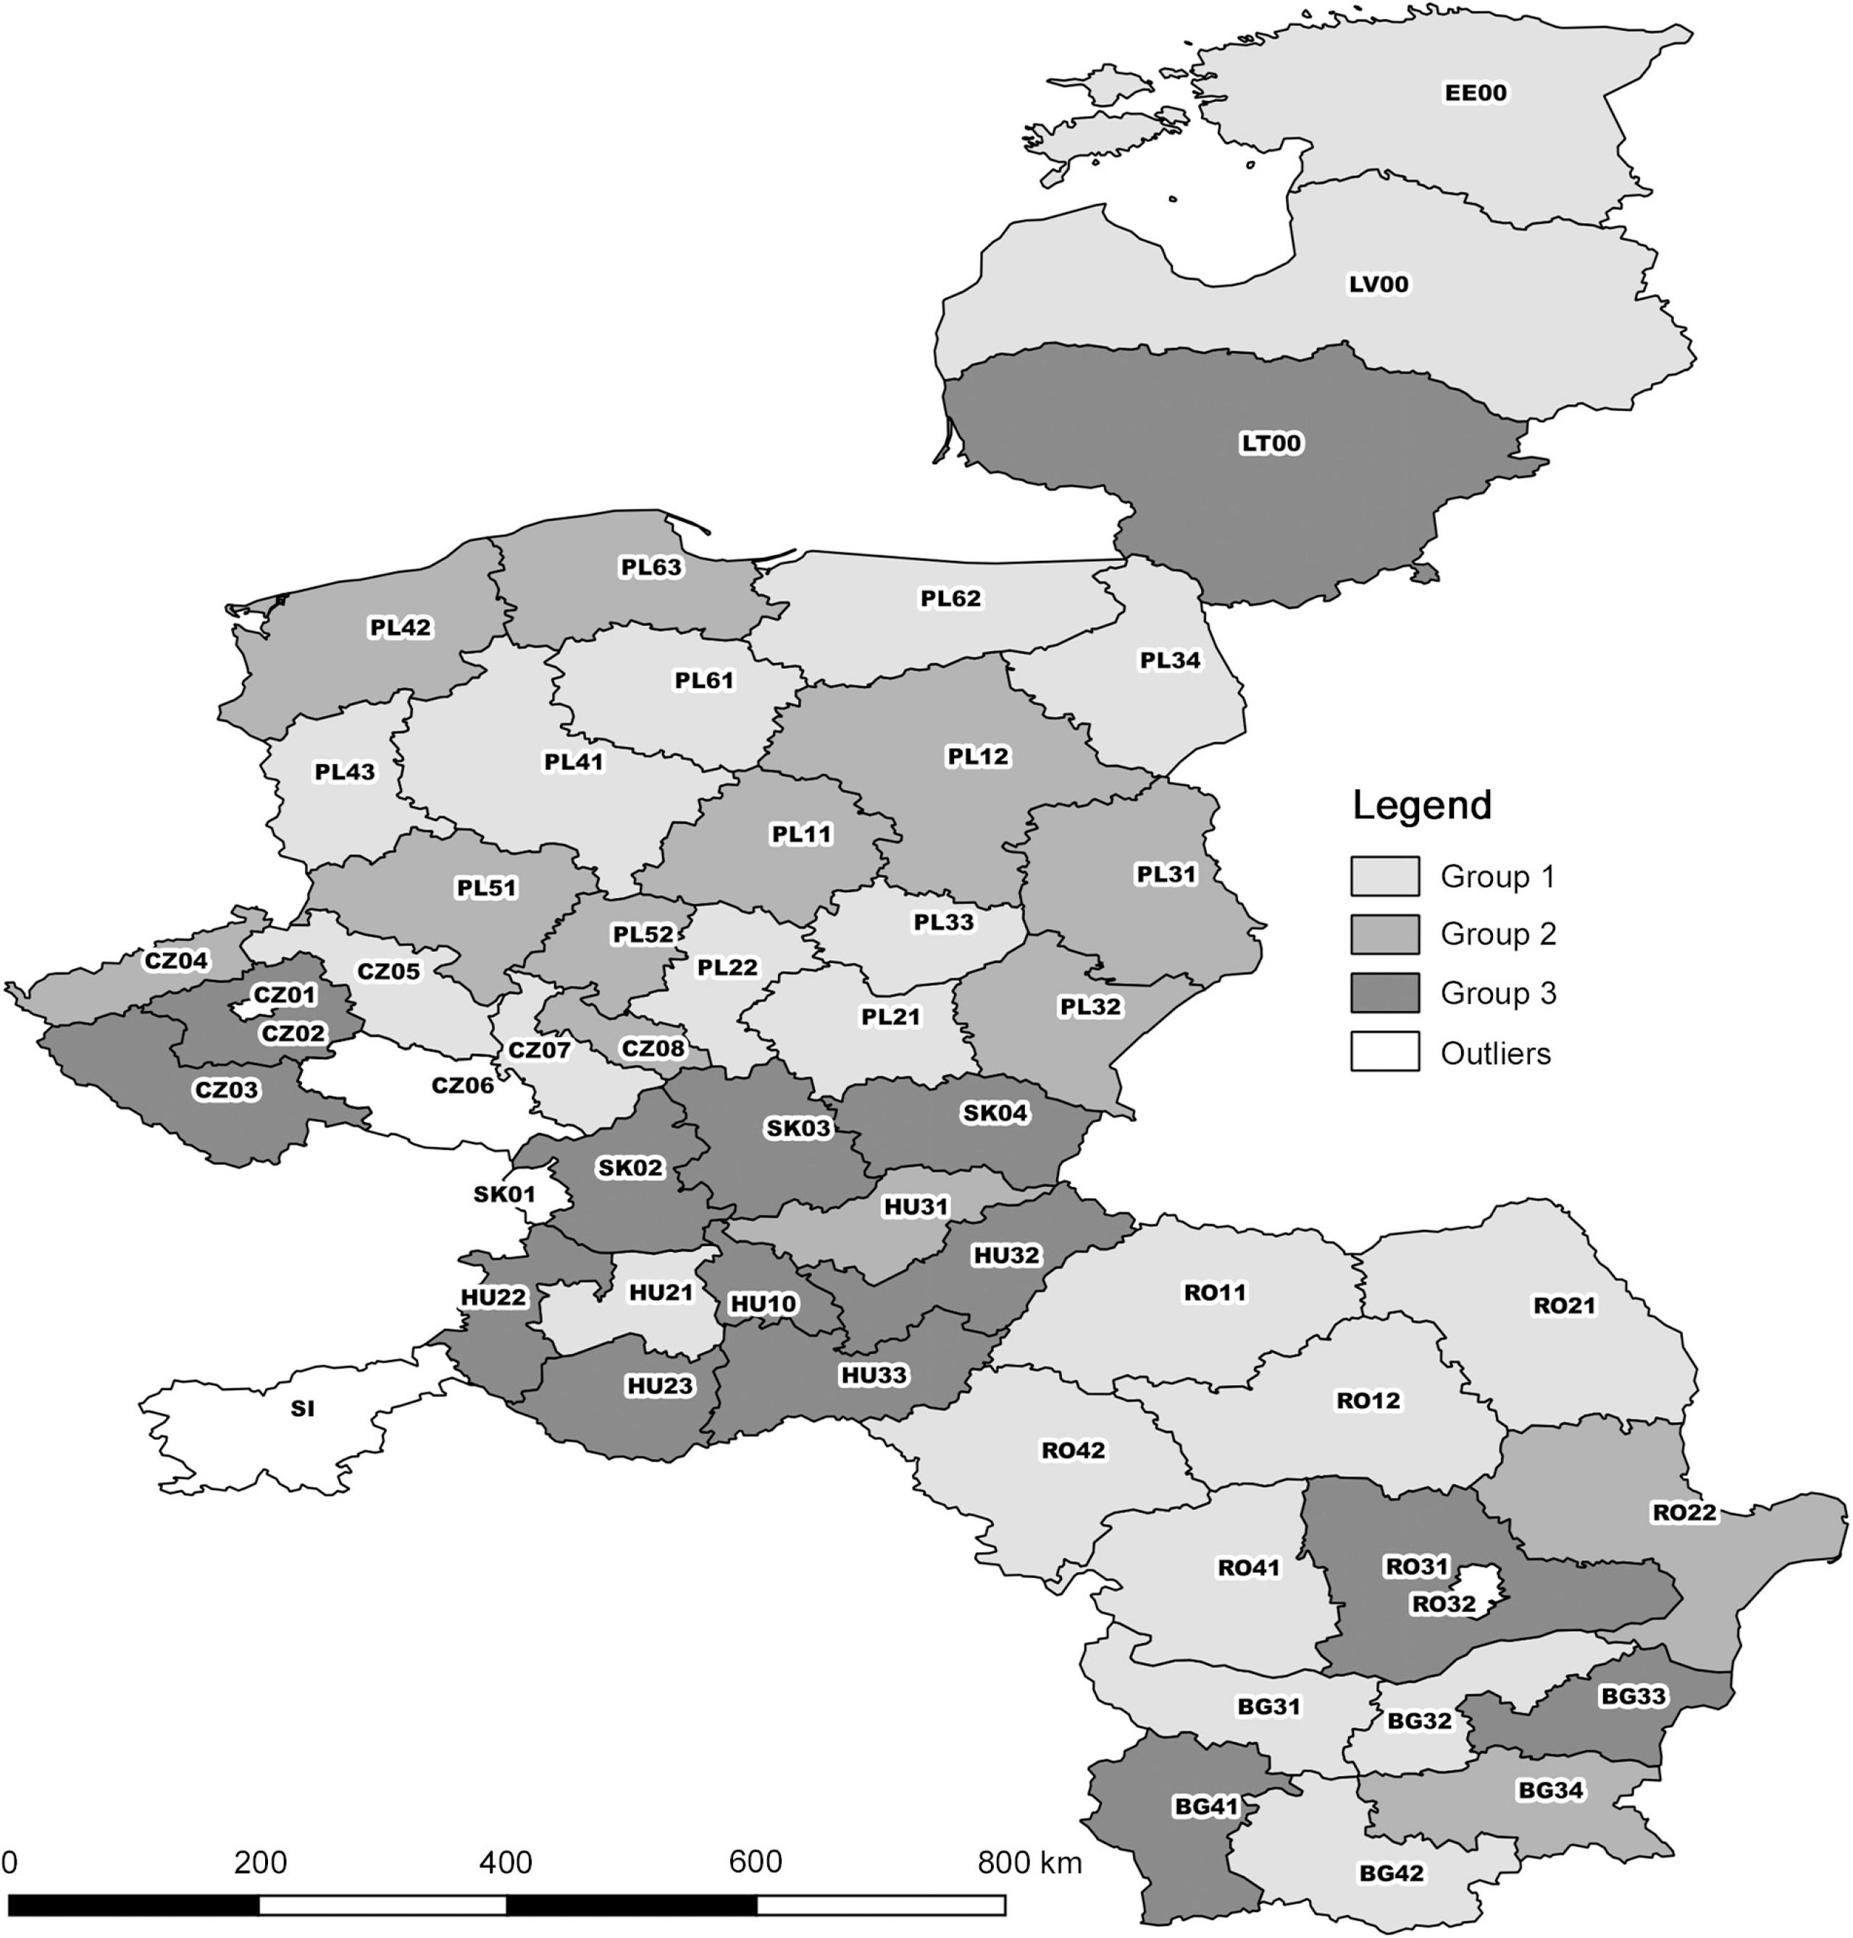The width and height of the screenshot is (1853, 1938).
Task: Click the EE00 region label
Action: coord(1476,93)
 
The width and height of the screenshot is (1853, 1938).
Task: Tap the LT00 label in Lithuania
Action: coord(1271,443)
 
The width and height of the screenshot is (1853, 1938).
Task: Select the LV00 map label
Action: coord(1379,285)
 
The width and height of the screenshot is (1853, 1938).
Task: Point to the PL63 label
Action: coord(651,567)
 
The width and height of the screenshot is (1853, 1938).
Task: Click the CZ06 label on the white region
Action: coord(462,1086)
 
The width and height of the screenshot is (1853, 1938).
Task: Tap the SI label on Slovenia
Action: coord(302,1409)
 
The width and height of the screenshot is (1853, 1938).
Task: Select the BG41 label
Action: coord(1206,1807)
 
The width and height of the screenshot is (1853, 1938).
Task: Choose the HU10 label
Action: coord(763,1304)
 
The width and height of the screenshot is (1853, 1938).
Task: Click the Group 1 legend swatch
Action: coord(1385,876)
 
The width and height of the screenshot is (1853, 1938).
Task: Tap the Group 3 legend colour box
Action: coord(1385,993)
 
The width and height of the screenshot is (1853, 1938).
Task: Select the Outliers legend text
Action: coord(1495,1053)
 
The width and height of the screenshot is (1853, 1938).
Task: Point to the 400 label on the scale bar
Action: coord(506,1862)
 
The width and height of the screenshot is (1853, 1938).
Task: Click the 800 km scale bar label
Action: coord(1029,1862)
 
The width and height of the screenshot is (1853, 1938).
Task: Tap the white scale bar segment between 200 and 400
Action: coord(382,1905)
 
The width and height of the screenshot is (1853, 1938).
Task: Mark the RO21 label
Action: coord(1563,1305)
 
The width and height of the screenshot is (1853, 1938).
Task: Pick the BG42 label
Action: coord(1391,1873)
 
